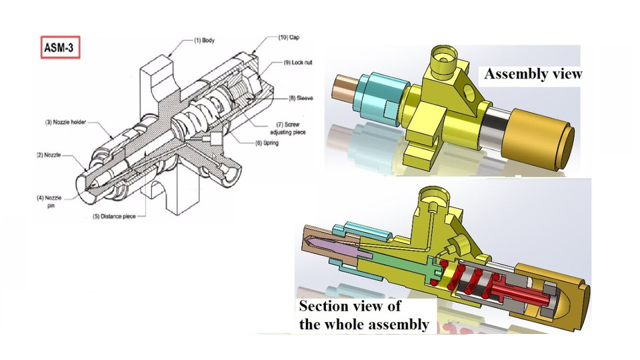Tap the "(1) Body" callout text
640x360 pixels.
203,40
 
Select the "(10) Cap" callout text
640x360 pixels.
289,38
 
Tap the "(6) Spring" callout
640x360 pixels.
274,143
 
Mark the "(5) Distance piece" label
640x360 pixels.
116,216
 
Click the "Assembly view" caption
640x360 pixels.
533,74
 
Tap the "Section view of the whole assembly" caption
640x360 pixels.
363,315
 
